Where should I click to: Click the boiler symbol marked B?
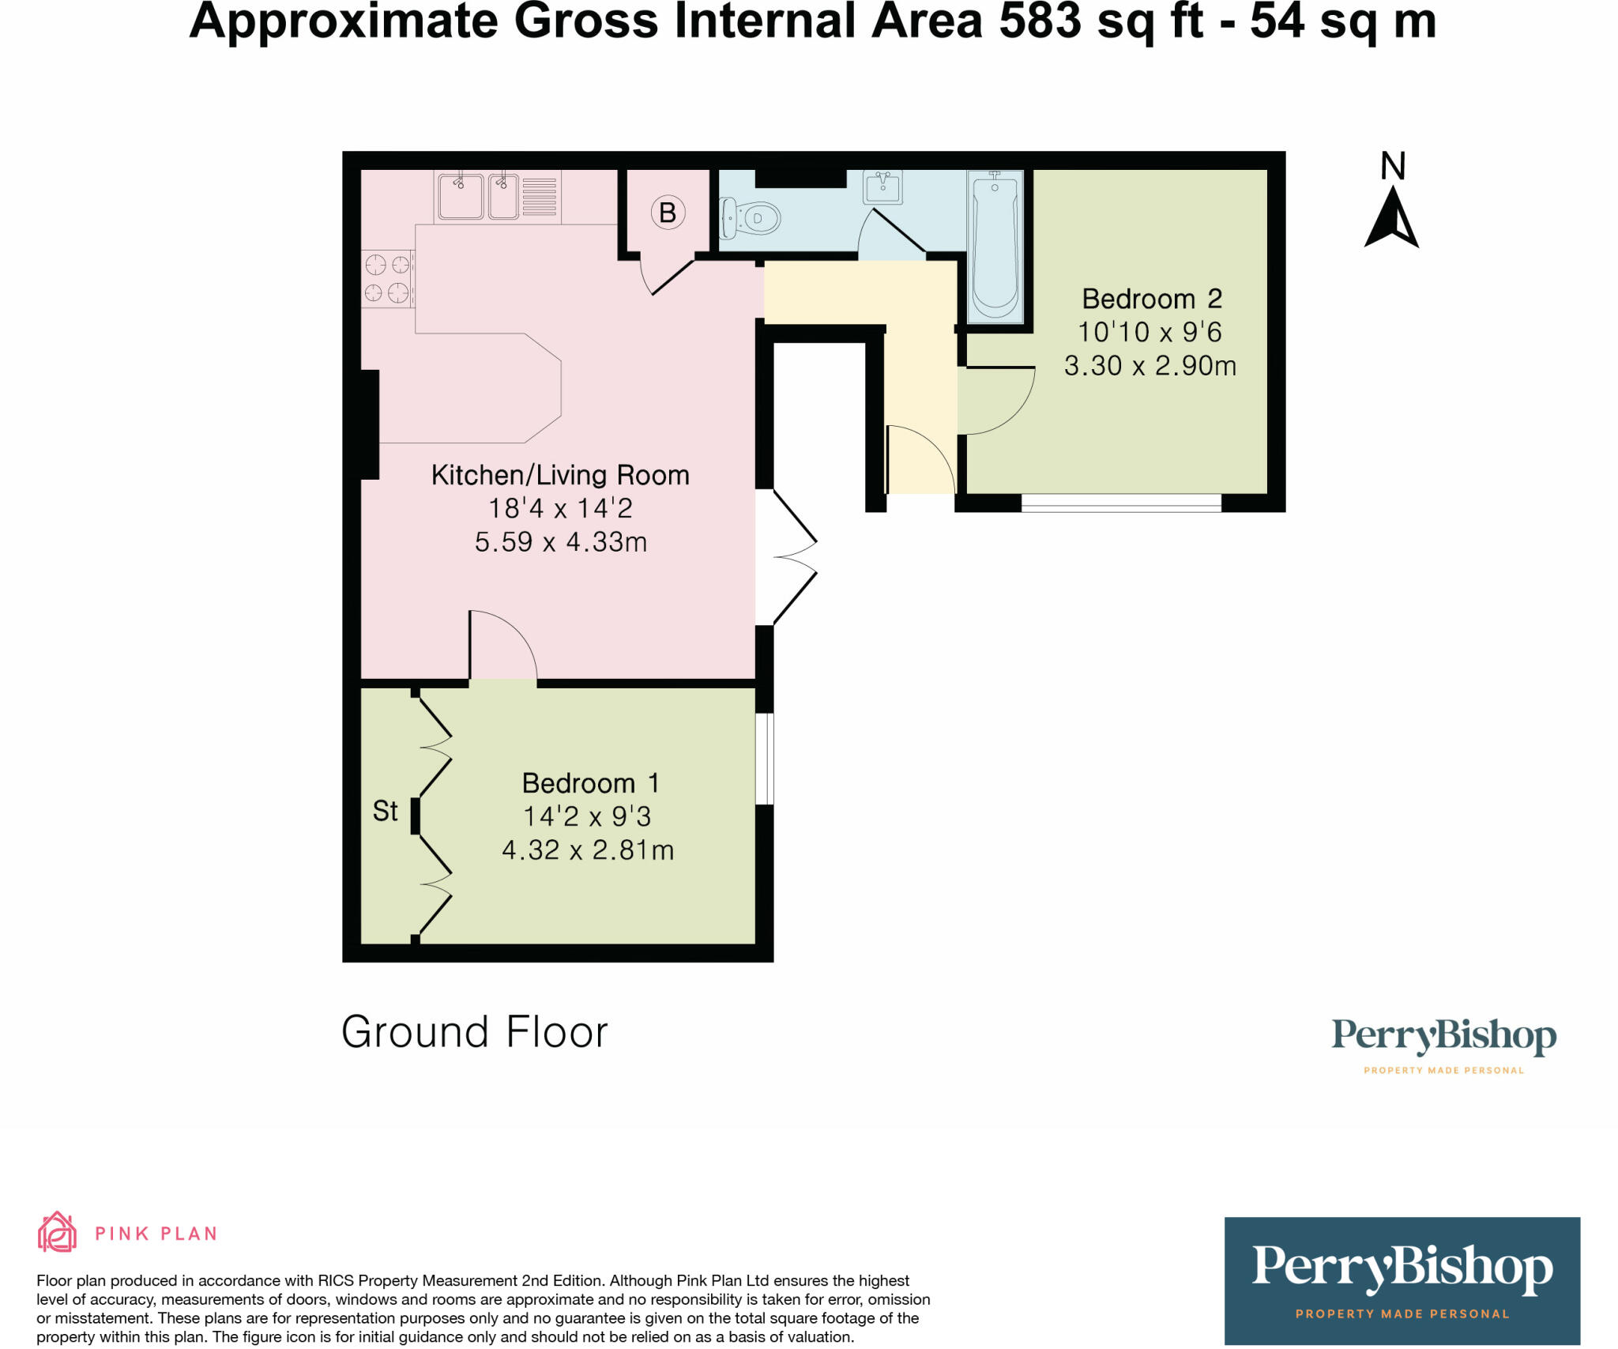668,213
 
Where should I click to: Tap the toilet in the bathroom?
751,218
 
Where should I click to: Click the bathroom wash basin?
882,188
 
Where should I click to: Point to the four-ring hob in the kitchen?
387,278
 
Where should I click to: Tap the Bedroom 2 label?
1151,299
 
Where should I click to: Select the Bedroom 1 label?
589,783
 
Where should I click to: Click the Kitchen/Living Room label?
560,475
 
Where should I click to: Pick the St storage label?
385,811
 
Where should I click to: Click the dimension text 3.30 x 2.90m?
1150,366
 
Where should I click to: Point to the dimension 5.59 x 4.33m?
560,542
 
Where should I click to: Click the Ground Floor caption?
474,1032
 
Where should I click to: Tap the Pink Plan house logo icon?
57,1232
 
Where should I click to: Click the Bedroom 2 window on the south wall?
1120,503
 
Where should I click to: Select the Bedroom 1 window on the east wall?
764,759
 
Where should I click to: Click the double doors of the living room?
790,557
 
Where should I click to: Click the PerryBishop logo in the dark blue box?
1402,1270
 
